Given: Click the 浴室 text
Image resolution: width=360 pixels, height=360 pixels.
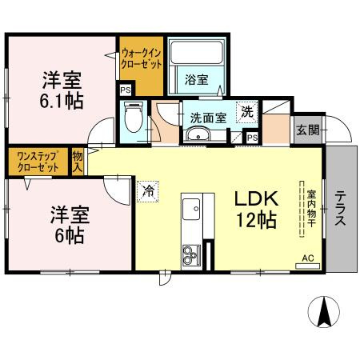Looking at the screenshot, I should pyautogui.click(x=196, y=78).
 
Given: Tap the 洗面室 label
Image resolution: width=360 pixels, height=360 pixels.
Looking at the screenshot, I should pyautogui.click(x=207, y=116).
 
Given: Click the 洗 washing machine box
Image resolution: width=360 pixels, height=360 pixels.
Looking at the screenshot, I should pyautogui.click(x=247, y=111).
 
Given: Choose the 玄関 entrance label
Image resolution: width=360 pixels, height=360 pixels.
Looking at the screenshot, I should pyautogui.click(x=306, y=129).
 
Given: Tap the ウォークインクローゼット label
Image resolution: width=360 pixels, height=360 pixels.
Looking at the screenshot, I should pyautogui.click(x=141, y=58).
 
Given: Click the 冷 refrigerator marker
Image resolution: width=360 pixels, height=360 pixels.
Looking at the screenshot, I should pyautogui.click(x=149, y=190).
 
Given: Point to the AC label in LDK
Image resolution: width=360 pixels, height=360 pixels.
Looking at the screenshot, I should pyautogui.click(x=309, y=258).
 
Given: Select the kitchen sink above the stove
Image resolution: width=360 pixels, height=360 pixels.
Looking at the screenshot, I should pyautogui.click(x=191, y=211).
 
